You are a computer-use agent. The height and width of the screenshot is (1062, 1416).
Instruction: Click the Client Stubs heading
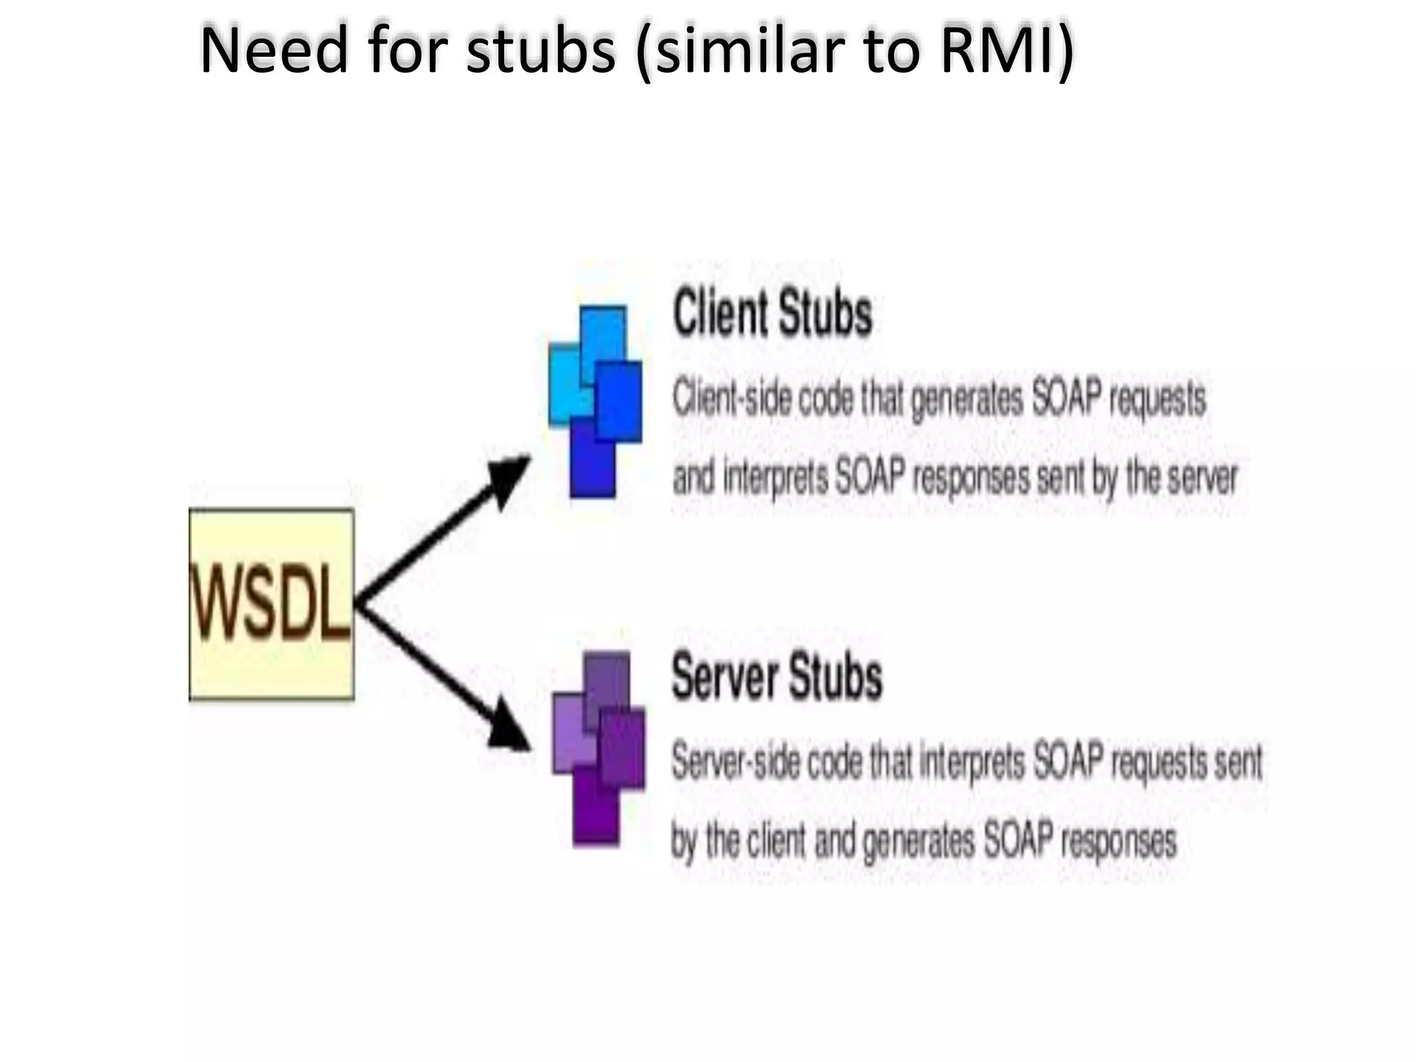click(772, 315)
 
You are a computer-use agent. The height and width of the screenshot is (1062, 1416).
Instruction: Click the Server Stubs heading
click(776, 676)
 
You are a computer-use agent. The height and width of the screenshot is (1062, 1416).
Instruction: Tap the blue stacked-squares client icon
click(595, 401)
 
